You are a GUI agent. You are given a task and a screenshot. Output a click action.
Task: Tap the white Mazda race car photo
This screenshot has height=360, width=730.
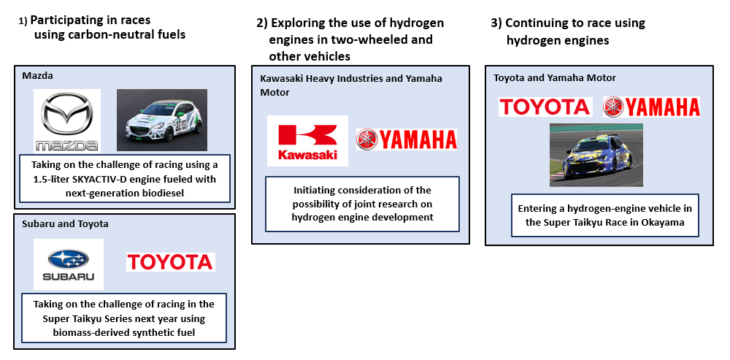click(x=161, y=120)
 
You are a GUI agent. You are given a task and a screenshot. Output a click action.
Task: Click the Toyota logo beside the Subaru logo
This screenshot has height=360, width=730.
click(x=170, y=262)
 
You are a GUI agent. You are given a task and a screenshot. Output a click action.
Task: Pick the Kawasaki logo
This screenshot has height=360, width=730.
click(x=307, y=141)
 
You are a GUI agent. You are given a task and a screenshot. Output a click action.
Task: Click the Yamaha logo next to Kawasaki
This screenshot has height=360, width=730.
click(x=406, y=139)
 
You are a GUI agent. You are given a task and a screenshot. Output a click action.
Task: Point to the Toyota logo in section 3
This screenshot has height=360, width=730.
click(x=545, y=107)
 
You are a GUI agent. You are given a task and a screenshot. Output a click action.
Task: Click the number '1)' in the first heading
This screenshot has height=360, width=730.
click(x=23, y=21)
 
